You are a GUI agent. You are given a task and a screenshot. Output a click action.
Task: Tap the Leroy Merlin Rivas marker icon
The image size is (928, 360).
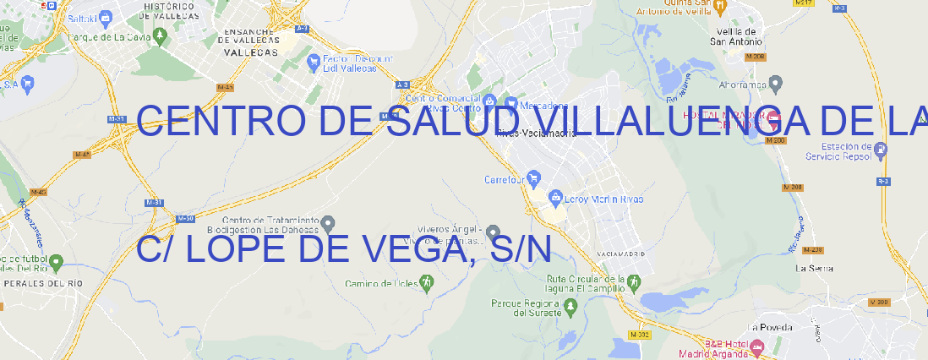coord(555,199)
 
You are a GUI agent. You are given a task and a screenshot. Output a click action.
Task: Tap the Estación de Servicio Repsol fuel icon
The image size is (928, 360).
coord(882,150)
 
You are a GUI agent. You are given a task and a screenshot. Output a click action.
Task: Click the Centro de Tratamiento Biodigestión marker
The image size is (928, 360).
coord(329,223)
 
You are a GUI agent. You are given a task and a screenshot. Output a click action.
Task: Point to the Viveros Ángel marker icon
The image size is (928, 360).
coord(494,232)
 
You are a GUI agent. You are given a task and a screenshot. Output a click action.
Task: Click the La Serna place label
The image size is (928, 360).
coord(815,268)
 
